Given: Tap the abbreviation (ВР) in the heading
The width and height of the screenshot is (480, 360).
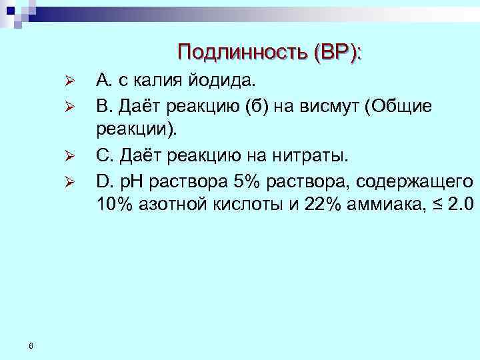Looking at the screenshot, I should pyautogui.click(x=335, y=51).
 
